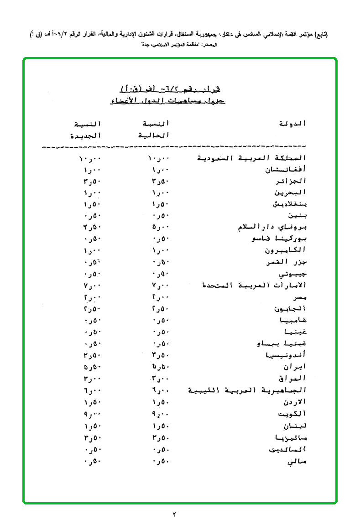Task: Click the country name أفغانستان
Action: [286, 170]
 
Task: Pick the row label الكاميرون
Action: [286, 251]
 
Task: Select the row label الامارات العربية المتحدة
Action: [254, 286]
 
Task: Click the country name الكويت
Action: [291, 414]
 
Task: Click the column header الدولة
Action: [292, 124]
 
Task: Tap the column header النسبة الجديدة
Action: [85, 130]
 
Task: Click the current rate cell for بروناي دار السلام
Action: [161, 228]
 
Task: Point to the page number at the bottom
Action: [174, 515]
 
